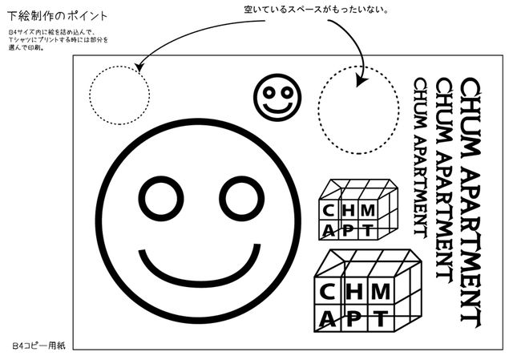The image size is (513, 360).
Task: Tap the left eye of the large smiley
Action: (x=161, y=197)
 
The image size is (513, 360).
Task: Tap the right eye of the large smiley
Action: (x=242, y=197)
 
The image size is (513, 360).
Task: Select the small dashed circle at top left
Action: (x=120, y=95)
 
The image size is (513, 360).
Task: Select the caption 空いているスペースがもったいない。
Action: (x=316, y=10)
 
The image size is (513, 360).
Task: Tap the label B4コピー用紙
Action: (x=38, y=344)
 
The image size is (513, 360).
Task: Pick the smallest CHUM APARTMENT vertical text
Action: (x=418, y=156)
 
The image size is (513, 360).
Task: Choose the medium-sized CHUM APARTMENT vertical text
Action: (x=442, y=177)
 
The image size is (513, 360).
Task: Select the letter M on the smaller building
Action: (x=367, y=210)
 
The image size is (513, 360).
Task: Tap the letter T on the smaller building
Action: (x=366, y=230)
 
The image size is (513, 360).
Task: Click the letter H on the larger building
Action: (x=353, y=289)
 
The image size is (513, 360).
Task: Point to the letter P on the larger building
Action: (x=353, y=318)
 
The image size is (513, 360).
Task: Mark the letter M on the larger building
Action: (x=379, y=289)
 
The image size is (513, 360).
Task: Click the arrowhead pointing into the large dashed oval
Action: (x=361, y=81)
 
